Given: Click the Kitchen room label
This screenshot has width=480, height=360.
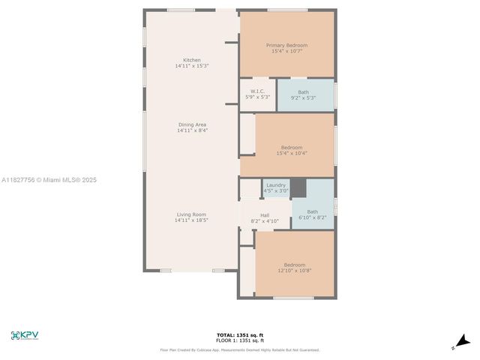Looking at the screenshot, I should [192, 60].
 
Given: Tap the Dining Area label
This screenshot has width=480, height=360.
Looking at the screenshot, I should [192, 124].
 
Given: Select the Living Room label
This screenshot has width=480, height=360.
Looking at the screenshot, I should [192, 214].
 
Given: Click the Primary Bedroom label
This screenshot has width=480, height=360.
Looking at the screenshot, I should [286, 45].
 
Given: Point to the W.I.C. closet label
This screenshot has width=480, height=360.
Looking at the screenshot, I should [258, 91].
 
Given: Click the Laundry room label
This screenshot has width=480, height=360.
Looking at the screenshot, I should [276, 184].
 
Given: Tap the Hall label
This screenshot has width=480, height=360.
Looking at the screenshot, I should [265, 215].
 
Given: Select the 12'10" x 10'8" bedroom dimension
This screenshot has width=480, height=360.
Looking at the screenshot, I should [294, 270].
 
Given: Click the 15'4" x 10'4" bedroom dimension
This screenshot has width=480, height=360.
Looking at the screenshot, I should [292, 153].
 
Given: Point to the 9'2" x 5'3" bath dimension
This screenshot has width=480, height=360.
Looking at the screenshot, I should [303, 97].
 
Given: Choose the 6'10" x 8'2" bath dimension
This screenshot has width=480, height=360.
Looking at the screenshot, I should [312, 217].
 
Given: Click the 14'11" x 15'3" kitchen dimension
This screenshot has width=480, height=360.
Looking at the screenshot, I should [192, 66].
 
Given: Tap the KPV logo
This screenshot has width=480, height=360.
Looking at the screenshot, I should [25, 335].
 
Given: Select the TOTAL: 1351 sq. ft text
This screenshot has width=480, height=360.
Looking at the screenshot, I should [240, 334].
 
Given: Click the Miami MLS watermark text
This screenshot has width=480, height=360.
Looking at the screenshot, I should [49, 180].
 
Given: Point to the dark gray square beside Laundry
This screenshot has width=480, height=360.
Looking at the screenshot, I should [298, 187].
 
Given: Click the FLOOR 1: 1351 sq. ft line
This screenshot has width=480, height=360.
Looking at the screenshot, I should [240, 340].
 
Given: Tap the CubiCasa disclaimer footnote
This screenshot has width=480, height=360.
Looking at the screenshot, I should [240, 349].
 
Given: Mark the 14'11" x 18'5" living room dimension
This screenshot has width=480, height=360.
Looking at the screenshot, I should [192, 220].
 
